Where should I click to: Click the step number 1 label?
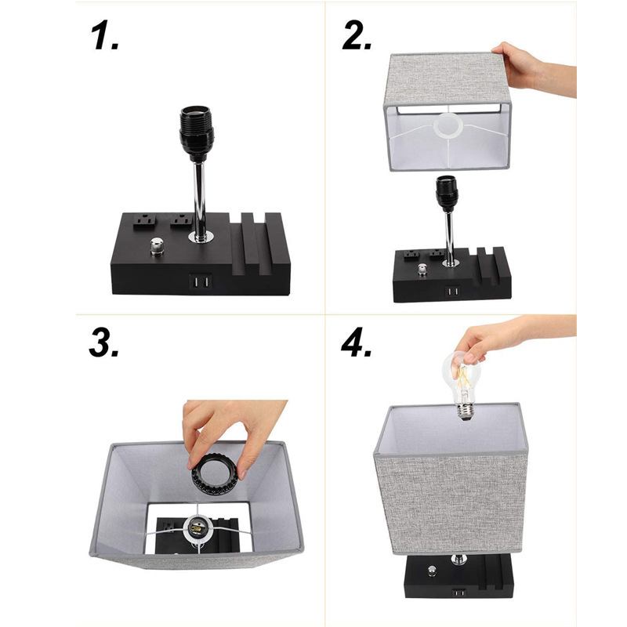(104, 35)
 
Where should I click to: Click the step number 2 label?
(357, 35)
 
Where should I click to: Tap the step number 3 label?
(103, 342)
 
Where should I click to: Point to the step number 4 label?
(357, 342)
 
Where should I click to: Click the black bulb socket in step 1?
(197, 133)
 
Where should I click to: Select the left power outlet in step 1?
(144, 221)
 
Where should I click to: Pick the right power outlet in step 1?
(180, 220)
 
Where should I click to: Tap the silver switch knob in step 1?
(157, 246)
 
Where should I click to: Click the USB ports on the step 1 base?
(201, 282)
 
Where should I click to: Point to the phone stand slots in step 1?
(256, 243)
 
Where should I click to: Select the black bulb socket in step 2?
(447, 194)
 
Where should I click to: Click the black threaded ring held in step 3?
(215, 474)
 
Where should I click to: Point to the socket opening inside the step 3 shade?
(197, 529)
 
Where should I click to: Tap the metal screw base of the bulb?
(465, 412)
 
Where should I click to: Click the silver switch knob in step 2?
(422, 270)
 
